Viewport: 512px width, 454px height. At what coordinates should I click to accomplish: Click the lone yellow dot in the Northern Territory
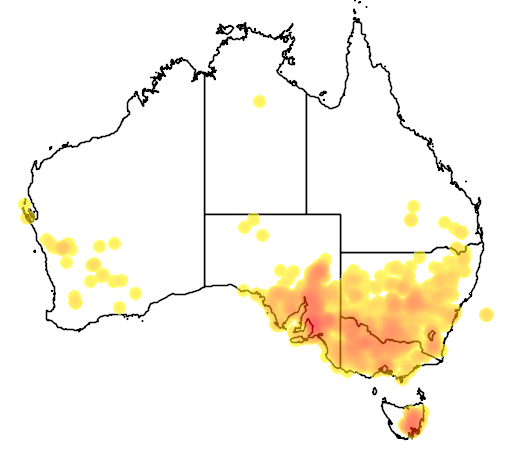(259, 101)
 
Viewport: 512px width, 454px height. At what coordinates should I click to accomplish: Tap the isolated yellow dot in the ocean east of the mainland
(487, 315)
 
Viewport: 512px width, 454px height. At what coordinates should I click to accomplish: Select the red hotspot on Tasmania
(411, 428)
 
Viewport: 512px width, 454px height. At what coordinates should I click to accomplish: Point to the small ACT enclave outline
(433, 337)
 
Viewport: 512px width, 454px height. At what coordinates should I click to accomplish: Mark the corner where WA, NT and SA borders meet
(205, 213)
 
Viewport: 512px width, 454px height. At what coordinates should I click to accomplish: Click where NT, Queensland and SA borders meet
(306, 213)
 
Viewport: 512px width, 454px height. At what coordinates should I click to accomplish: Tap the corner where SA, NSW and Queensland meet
(340, 252)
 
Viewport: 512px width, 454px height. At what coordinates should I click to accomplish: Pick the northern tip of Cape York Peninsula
(357, 14)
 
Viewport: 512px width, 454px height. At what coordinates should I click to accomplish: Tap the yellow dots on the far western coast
(26, 209)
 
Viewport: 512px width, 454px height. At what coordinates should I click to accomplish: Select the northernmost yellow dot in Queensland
(412, 207)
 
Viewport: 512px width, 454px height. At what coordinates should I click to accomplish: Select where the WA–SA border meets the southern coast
(205, 286)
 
